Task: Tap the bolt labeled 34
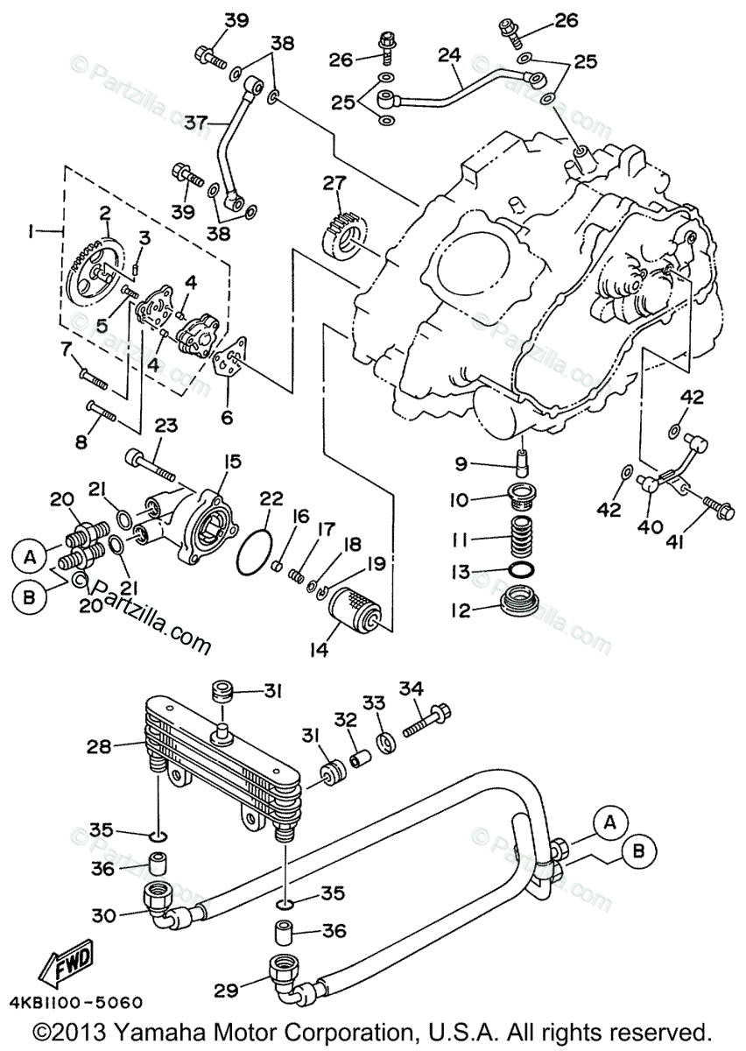pyautogui.click(x=427, y=718)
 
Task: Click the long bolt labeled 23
pyautogui.click(x=154, y=463)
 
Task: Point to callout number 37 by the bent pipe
pyautogui.click(x=195, y=123)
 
